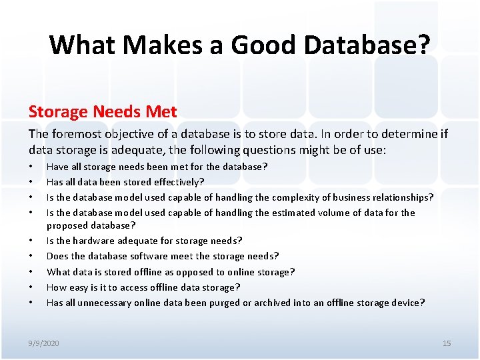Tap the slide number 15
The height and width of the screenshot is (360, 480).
click(x=447, y=343)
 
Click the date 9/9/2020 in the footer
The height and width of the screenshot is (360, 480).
click(x=43, y=343)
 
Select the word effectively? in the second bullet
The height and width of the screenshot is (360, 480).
click(x=179, y=182)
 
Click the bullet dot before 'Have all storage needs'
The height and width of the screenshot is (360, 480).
click(x=31, y=167)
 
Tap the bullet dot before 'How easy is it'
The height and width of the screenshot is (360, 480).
click(x=31, y=287)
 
